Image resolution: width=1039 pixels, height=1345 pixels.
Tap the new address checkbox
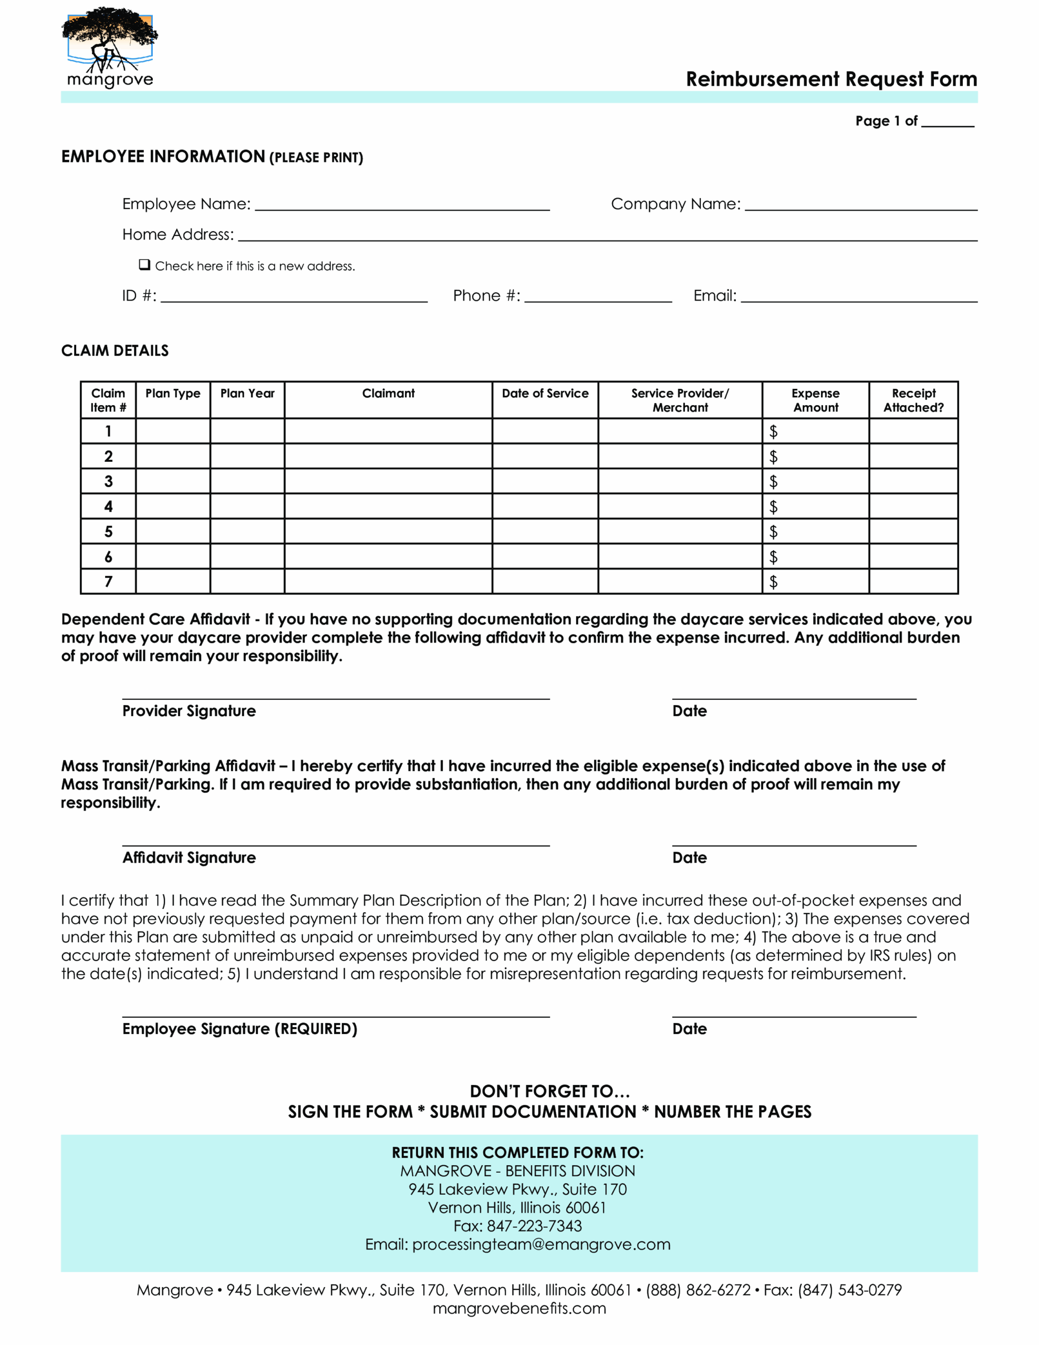144,265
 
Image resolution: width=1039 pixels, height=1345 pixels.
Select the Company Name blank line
860,204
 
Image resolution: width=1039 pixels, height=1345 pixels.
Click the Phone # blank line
597,296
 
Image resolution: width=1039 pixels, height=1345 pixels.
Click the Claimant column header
388,394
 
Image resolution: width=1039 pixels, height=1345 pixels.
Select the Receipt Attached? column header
913,400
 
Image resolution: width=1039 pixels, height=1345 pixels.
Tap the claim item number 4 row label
108,506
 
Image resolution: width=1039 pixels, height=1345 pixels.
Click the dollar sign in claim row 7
773,582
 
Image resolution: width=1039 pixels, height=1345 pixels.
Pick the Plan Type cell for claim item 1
172,431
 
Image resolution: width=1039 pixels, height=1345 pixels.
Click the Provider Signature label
189,711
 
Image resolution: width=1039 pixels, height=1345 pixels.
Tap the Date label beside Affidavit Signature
689,857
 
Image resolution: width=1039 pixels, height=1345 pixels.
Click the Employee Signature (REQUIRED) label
240,1029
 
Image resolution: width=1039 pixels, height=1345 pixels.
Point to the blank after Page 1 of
947,121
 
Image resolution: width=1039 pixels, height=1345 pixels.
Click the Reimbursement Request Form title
831,79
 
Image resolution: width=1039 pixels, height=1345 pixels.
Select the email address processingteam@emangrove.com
541,1244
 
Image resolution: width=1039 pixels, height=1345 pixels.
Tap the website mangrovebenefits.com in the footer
518,1308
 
